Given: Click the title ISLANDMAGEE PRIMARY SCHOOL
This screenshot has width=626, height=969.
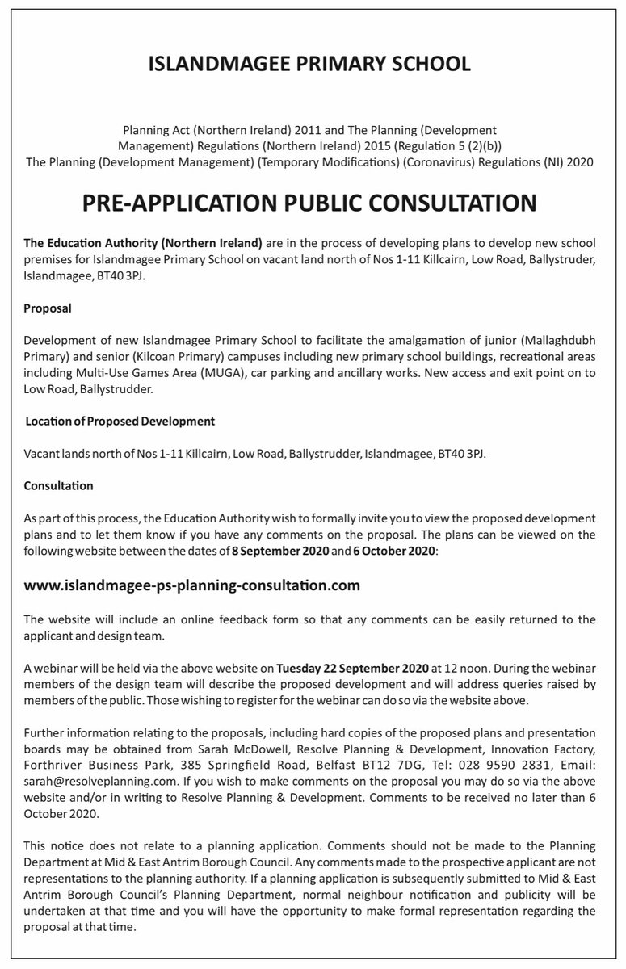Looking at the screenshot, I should pos(309,65).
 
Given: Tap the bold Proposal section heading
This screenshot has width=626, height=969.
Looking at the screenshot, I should pos(48,308).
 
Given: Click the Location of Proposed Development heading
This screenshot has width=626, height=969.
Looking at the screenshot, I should pos(120,421).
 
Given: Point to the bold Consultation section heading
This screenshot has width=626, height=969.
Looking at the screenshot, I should pos(58,485).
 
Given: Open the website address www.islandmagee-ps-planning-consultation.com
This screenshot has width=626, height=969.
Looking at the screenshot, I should pos(192,584).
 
